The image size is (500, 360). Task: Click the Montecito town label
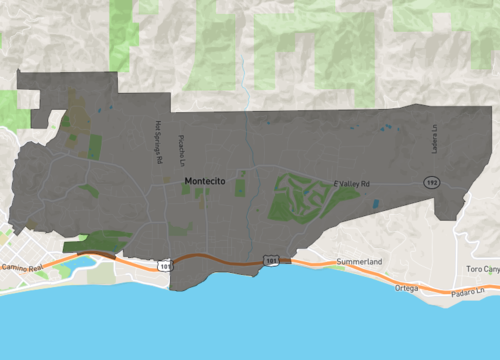[x=206, y=181]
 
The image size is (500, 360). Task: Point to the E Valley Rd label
[x=352, y=185]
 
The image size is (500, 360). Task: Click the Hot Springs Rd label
[x=158, y=139]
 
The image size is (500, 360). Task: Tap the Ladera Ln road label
[x=436, y=139]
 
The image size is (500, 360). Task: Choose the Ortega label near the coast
[x=406, y=288]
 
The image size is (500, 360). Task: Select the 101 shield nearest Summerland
[x=271, y=259]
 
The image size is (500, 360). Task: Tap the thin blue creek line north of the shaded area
[x=244, y=80]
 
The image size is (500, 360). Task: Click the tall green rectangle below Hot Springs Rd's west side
[x=96, y=146]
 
